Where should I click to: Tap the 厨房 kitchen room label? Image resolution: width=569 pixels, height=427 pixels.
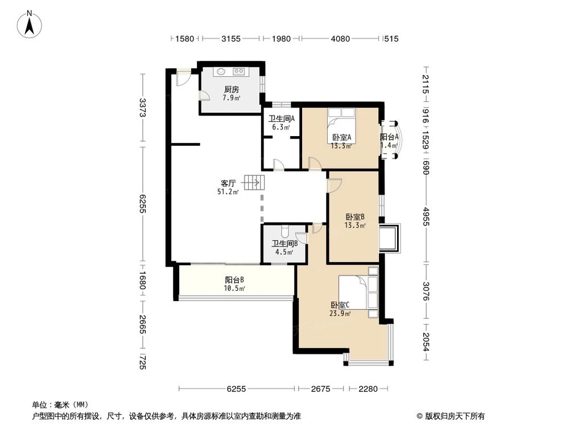click(231, 89)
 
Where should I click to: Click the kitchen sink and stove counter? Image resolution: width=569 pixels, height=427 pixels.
click(230, 72)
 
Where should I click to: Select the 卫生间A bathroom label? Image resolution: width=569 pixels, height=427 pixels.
click(281, 119)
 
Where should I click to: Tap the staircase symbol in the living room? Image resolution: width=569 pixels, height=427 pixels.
click(254, 183)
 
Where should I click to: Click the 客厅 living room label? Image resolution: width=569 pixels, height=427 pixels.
click(229, 183)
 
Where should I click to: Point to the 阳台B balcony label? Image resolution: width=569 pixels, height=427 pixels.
click(234, 280)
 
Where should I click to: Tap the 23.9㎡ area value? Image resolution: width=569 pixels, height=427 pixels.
click(340, 313)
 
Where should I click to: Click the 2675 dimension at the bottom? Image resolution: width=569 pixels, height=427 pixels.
click(321, 389)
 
